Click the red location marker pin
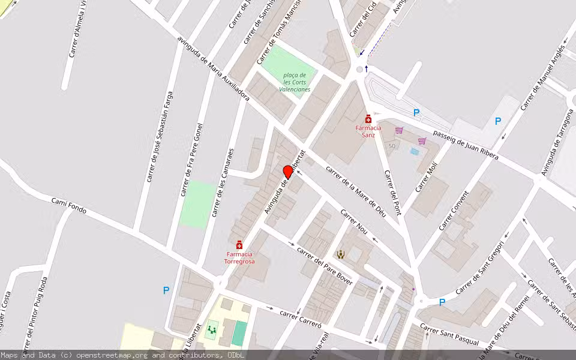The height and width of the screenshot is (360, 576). [x=288, y=172]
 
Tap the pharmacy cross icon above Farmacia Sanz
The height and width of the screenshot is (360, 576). [x=368, y=119]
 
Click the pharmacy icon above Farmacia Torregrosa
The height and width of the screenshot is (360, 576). [x=239, y=245]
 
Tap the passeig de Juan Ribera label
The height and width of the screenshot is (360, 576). [x=466, y=145]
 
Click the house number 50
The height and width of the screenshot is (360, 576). [x=392, y=146]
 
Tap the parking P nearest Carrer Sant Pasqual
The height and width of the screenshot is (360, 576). [x=442, y=302]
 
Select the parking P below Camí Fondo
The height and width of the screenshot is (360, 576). [x=166, y=290]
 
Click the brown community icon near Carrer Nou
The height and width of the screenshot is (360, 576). [x=341, y=254]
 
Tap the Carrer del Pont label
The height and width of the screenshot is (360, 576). [x=392, y=193]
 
